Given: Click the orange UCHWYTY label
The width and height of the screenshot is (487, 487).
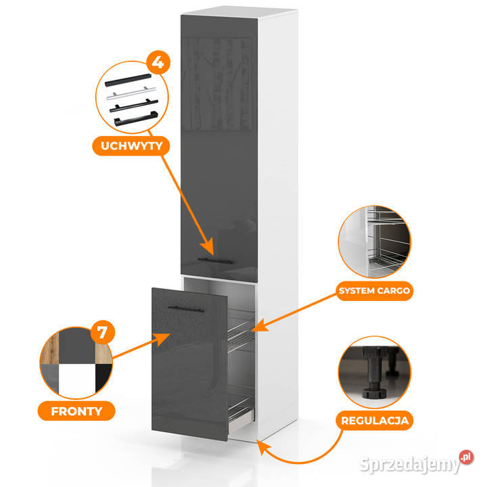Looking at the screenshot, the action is [131, 145].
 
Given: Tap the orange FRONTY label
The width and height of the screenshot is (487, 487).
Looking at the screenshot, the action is [76, 411].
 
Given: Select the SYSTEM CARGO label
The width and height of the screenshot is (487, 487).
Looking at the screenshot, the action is [374, 291].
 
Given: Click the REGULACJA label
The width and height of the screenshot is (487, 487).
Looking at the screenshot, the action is [375, 421].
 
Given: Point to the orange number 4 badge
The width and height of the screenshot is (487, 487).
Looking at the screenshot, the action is [158, 62].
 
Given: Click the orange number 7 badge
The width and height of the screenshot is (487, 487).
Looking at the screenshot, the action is [103, 332].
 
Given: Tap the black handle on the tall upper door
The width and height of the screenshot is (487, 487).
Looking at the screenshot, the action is [215, 260].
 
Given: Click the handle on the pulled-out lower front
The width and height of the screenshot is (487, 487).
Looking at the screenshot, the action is [186, 309].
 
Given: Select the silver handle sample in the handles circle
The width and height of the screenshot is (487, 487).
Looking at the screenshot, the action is [131, 93].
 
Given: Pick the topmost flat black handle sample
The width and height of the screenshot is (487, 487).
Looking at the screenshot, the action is [128, 80].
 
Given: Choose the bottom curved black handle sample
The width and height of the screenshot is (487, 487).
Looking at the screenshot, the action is [136, 118].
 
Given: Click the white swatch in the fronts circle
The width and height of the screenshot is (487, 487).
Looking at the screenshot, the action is [76, 381].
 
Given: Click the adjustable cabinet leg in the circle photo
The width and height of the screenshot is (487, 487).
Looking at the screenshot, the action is [373, 373].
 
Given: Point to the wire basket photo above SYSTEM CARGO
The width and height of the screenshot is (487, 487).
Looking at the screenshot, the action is [374, 241].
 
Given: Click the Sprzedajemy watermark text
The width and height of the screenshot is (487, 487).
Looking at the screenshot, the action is [409, 465].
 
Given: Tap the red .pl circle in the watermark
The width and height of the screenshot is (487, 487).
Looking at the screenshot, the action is [466, 457].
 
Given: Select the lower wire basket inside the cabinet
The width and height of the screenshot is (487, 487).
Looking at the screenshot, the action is [241, 407].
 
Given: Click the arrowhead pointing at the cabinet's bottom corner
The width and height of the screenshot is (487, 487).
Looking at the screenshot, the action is [262, 447].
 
